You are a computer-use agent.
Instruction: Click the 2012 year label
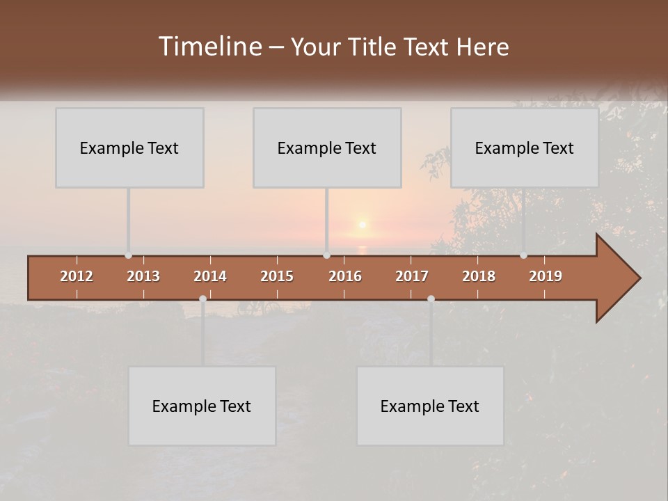click(77, 276)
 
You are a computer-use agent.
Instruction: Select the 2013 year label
click(143, 276)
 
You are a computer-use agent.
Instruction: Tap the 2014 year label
click(210, 276)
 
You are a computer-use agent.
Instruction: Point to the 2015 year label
click(277, 276)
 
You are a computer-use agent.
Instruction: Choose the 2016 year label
click(345, 276)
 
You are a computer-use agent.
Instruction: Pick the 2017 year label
click(412, 276)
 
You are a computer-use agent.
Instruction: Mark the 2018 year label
click(479, 276)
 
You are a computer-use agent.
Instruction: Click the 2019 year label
click(546, 276)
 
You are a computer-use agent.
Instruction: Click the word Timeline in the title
click(210, 47)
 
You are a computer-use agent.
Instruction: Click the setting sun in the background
click(362, 224)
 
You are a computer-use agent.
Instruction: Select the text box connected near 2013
click(129, 148)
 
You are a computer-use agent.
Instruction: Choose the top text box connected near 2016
click(327, 148)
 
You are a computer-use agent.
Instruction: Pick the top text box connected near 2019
click(525, 148)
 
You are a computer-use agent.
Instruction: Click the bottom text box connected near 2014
click(202, 406)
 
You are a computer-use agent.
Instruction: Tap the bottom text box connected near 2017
click(430, 406)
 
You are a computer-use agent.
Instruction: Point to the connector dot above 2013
click(128, 255)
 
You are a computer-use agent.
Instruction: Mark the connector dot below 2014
click(202, 299)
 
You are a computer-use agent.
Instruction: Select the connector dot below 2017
click(431, 299)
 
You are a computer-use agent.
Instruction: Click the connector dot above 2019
click(523, 255)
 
